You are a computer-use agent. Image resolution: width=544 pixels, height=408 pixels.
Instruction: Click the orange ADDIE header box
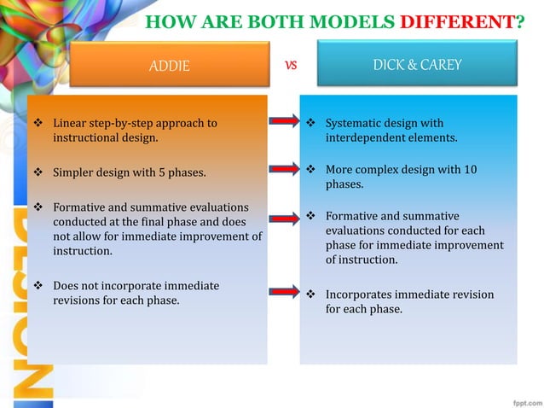pos(169,65)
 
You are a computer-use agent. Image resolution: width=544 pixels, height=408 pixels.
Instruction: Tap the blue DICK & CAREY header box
pos(417,64)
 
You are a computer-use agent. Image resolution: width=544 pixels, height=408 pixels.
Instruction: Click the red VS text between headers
pos(290,65)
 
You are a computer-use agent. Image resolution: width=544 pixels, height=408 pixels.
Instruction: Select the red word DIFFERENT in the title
pos(458,20)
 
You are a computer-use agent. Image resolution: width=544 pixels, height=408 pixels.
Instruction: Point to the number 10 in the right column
pos(470,170)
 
